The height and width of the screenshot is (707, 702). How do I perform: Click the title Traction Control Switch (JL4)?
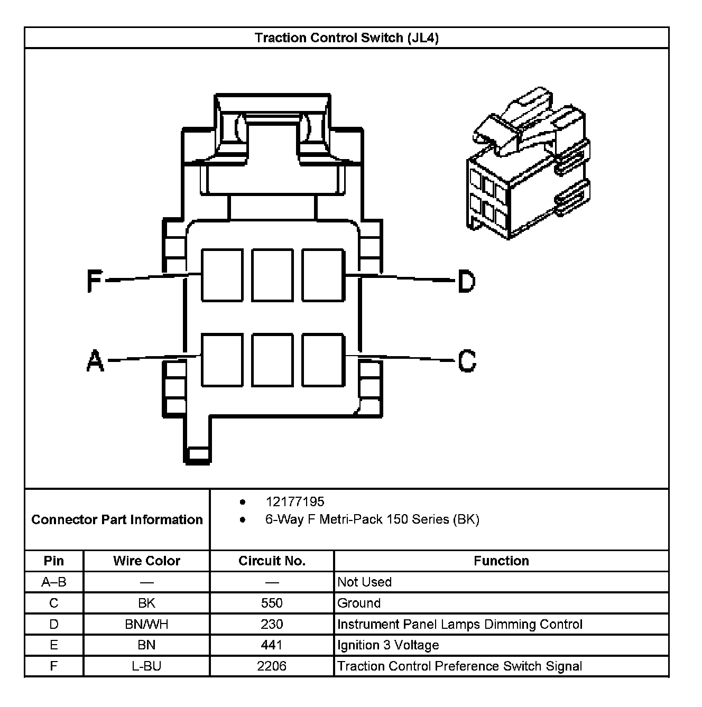tap(346, 38)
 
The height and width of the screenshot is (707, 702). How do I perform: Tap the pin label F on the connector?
tap(94, 281)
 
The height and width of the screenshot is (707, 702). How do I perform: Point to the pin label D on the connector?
tap(466, 281)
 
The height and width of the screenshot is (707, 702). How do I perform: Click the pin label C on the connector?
tap(467, 361)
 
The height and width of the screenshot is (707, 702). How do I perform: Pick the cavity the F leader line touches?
tap(222, 275)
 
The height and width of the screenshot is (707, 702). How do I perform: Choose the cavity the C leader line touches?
tap(323, 360)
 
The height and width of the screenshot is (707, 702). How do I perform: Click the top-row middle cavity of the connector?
tap(272, 275)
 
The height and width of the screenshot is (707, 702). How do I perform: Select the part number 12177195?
tap(295, 501)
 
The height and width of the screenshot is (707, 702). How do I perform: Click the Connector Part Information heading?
tap(117, 519)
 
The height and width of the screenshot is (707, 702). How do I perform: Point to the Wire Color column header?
tap(146, 561)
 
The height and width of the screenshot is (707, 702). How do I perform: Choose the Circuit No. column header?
tap(272, 561)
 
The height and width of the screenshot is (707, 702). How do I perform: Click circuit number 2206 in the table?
tap(272, 666)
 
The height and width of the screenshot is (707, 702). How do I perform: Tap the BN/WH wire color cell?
tap(146, 624)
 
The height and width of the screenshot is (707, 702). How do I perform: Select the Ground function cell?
tap(359, 603)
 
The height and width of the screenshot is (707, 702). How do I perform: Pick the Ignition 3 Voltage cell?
tap(388, 645)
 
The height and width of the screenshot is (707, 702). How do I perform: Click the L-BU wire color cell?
tap(146, 666)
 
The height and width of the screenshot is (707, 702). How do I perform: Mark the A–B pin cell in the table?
tap(54, 582)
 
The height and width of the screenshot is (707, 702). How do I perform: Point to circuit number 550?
tap(272, 603)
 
